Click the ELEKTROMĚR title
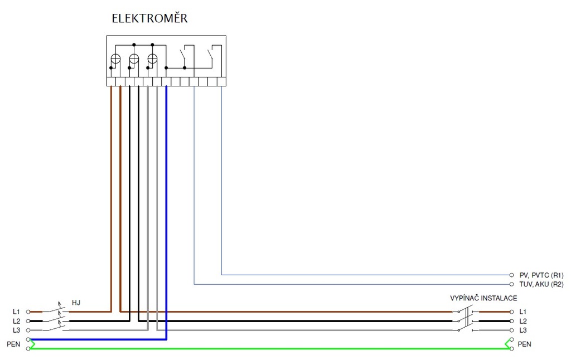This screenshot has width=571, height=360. (x=149, y=18)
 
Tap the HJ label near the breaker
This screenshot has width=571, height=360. (x=76, y=303)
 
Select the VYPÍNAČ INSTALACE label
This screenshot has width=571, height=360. (x=483, y=298)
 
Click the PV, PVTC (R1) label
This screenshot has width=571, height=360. (x=541, y=275)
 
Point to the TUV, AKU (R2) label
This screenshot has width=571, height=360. (x=541, y=284)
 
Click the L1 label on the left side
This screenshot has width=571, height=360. (x=16, y=312)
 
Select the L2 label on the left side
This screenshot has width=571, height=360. (x=16, y=322)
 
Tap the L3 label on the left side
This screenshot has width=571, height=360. (x=16, y=330)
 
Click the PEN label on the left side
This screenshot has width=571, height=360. (x=13, y=344)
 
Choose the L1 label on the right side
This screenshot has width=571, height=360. (x=522, y=312)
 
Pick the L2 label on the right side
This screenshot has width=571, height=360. (x=522, y=322)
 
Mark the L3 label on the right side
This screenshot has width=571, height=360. (x=522, y=330)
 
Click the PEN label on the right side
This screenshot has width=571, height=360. (x=524, y=344)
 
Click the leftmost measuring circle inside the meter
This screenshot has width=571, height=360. (x=115, y=59)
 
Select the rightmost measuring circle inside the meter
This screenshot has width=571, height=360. (x=152, y=59)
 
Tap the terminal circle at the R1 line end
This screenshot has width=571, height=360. (x=511, y=275)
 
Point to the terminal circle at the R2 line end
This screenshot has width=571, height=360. (x=511, y=284)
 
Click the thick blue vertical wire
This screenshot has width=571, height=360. (x=166, y=212)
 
